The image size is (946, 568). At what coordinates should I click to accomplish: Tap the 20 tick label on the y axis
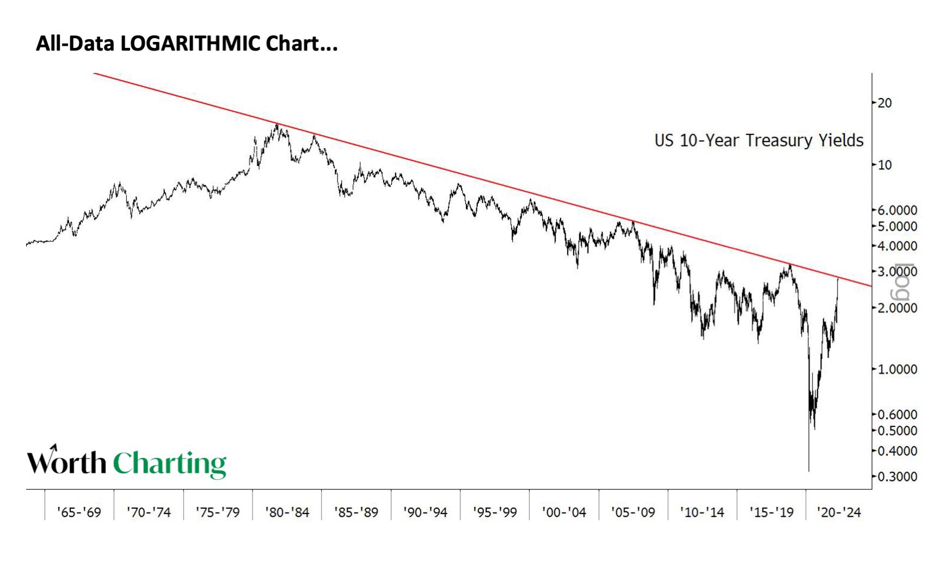coord(885,103)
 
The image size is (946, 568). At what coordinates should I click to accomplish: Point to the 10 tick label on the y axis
coord(885,165)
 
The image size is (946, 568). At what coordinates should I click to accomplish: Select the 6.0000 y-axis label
coord(898,210)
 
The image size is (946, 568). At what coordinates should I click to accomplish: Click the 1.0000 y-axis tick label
coord(898,369)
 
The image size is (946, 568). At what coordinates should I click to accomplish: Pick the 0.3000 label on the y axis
coord(898,477)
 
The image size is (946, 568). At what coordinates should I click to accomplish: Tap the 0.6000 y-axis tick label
coord(898,414)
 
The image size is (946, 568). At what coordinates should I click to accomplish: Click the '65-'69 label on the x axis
coord(79,512)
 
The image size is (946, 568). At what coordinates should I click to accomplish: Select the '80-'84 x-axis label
coord(287,512)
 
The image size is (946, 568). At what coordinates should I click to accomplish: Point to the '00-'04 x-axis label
coord(564,512)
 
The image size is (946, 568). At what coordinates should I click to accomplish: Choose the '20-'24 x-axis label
coord(839,512)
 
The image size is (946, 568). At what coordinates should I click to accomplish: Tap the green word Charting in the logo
coord(169,463)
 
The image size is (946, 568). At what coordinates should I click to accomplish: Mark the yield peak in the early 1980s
coord(277,125)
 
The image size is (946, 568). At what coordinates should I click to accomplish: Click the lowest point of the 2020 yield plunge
coord(809,471)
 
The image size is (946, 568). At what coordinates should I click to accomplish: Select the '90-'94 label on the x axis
coord(425,512)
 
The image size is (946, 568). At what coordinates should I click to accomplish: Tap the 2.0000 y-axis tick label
coord(898,308)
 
